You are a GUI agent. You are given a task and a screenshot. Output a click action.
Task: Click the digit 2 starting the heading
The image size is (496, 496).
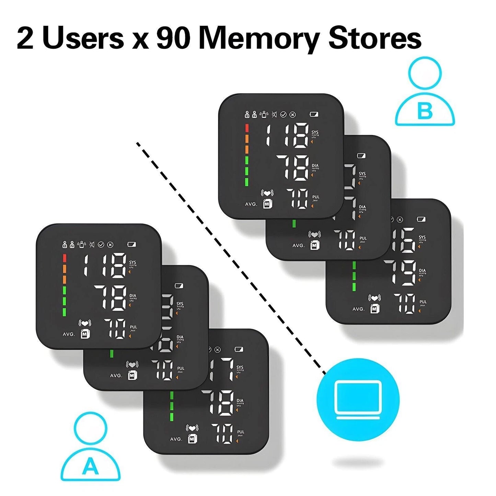[x=25, y=38]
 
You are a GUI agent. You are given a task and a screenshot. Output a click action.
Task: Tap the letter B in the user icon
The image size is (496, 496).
[x=425, y=112]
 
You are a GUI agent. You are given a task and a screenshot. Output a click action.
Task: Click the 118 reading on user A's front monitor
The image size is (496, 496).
[x=105, y=265]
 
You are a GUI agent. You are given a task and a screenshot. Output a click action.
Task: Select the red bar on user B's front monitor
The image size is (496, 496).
[x=246, y=128]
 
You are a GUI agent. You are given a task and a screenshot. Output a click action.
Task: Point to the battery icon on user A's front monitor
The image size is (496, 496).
[x=132, y=244]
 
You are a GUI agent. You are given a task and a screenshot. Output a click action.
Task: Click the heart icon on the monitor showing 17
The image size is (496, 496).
[x=192, y=428]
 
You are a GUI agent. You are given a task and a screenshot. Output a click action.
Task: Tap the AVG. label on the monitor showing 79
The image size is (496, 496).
[x=358, y=309]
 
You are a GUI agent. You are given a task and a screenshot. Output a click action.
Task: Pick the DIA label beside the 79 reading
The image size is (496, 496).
[x=422, y=271]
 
